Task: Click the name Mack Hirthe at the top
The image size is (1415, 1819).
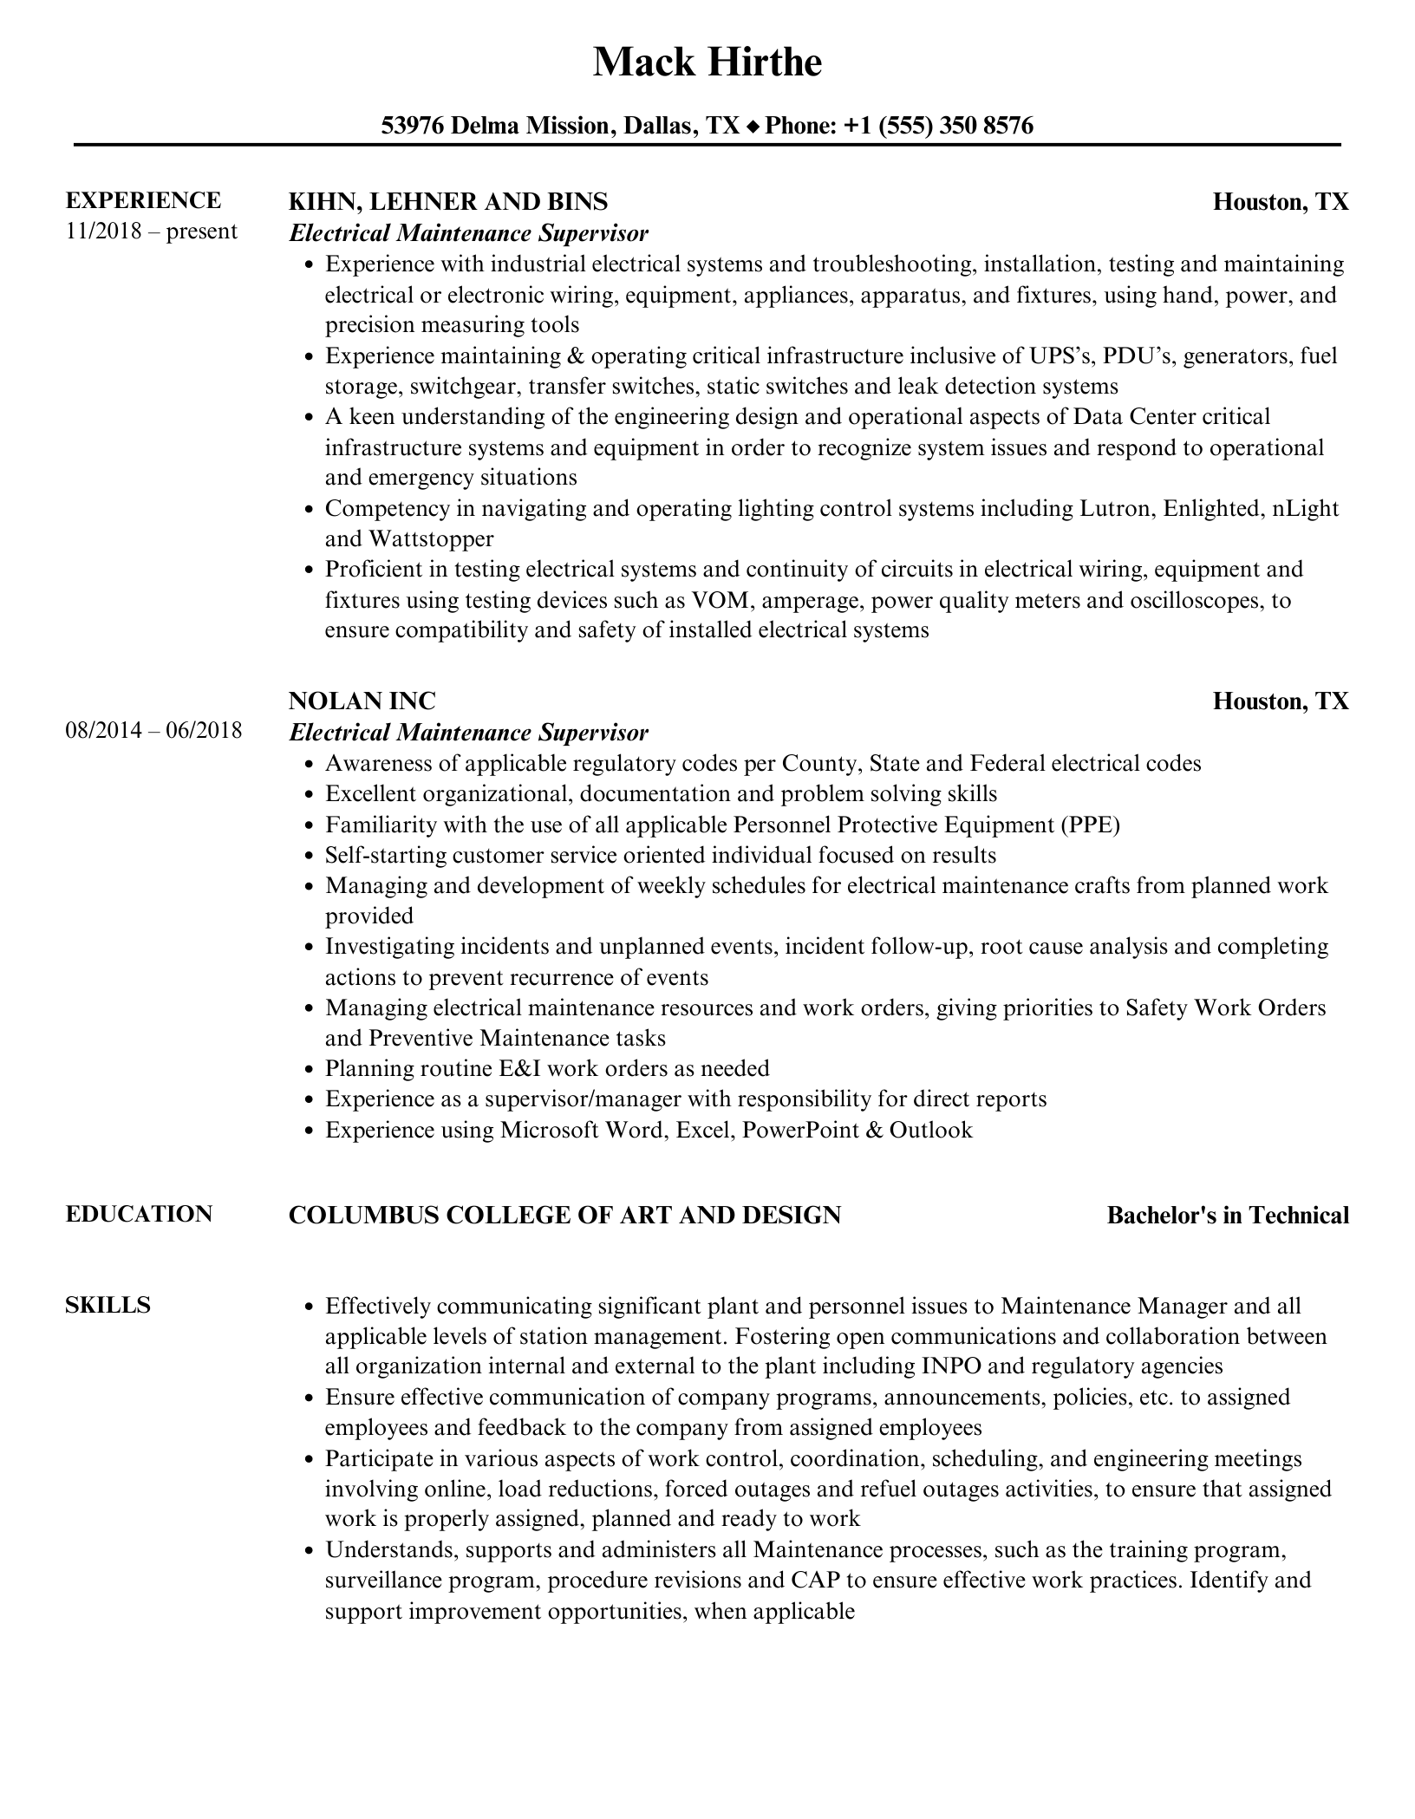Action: (x=707, y=62)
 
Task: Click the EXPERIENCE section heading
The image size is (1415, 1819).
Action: (x=143, y=200)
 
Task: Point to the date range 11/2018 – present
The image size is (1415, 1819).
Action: (x=151, y=231)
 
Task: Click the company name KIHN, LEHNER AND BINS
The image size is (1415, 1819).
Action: (x=447, y=202)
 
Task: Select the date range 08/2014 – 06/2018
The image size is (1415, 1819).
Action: (x=153, y=730)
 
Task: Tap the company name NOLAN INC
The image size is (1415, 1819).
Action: (x=362, y=701)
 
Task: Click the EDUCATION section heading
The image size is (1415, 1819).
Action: (x=139, y=1214)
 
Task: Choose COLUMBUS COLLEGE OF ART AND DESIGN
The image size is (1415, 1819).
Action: (x=564, y=1216)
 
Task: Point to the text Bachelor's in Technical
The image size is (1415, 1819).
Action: (x=1228, y=1216)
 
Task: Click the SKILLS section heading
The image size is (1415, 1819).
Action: (x=108, y=1305)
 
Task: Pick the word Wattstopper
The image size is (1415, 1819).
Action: (x=431, y=539)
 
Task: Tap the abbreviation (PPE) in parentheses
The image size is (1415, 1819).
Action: (x=1089, y=825)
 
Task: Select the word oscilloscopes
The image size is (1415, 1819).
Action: (x=1196, y=600)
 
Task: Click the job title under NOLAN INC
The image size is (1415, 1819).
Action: (x=468, y=733)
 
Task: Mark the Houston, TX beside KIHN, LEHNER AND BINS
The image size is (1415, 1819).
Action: (x=1281, y=202)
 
